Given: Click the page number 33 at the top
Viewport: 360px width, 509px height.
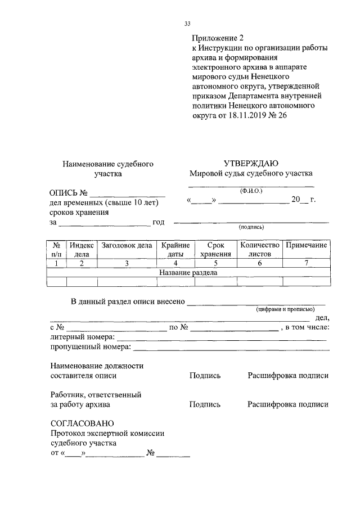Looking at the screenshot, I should pos(187,24).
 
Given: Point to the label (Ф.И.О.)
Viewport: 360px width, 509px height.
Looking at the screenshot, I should pos(250,191).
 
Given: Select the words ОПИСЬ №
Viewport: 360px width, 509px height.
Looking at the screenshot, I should pos(70,193).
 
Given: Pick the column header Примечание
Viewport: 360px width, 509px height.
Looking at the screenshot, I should pos(306,245).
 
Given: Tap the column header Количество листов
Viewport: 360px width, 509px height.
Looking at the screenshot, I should pos(259,250).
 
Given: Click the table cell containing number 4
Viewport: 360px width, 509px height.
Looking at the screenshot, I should pos(175,263).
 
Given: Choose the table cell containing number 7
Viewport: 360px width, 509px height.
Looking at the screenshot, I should pos(306,263).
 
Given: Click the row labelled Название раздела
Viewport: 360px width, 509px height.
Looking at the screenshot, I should pos(188,273).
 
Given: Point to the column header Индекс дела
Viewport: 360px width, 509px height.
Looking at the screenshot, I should pos(82,250).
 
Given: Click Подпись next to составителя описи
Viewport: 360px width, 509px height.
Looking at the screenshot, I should pos(205,376).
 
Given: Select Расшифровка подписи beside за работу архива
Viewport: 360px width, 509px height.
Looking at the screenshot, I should pos(287,404).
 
